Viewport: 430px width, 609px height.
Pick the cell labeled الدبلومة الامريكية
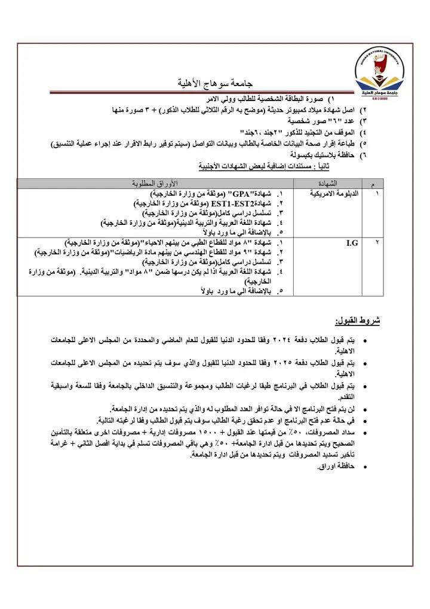click(x=335, y=194)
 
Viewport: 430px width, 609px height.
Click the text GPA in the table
click(x=240, y=195)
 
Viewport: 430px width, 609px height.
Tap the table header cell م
click(x=373, y=182)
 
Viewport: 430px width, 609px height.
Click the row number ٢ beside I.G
click(x=376, y=243)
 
